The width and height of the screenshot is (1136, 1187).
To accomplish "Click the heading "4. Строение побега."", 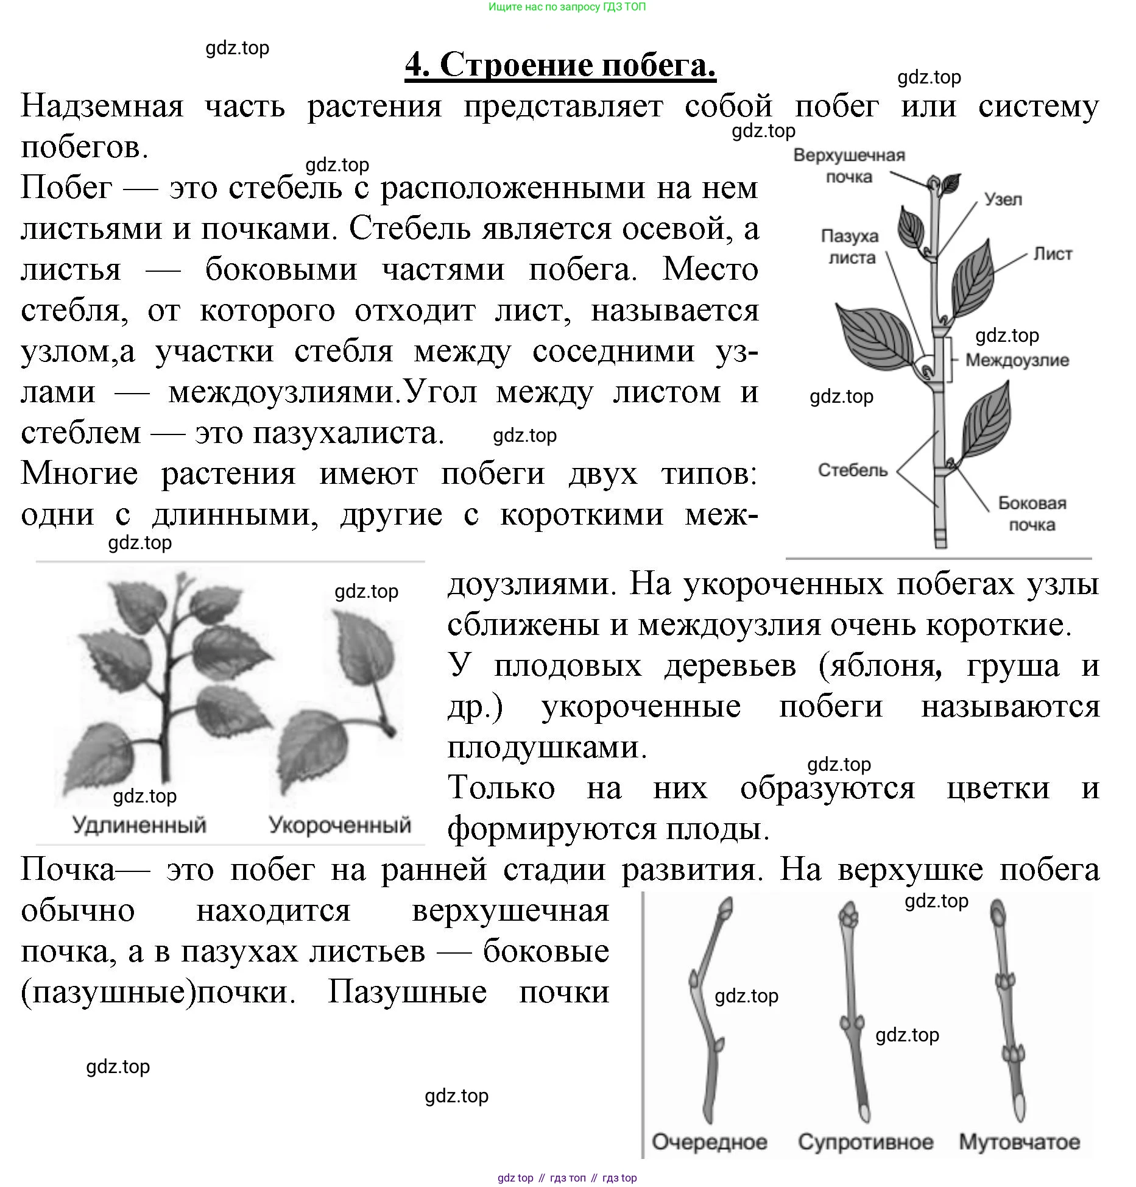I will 560,65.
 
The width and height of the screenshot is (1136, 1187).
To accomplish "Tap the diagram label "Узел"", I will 1003,200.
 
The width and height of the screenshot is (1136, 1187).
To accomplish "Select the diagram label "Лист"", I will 1053,254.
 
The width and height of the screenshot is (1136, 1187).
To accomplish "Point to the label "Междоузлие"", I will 1017,360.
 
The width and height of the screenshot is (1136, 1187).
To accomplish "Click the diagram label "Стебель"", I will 853,470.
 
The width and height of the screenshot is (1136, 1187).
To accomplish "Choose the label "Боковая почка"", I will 1032,514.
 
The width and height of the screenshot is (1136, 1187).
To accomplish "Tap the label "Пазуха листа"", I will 850,247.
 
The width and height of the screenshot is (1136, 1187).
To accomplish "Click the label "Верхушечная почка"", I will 848,166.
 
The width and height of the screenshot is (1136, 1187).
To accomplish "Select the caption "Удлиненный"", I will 139,825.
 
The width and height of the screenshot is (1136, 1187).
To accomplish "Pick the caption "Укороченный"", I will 340,825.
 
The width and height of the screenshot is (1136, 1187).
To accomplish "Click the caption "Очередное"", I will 710,1142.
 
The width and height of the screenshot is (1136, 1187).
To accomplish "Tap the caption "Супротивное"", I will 866,1142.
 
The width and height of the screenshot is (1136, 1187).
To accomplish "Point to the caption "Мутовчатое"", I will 1020,1142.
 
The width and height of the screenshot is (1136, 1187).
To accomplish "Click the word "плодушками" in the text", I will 546,748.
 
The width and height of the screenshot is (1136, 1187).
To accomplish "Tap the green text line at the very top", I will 567,7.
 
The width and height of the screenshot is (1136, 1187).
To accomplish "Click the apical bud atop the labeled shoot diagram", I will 933,183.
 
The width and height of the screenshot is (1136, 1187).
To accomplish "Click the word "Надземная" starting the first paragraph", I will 102,107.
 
